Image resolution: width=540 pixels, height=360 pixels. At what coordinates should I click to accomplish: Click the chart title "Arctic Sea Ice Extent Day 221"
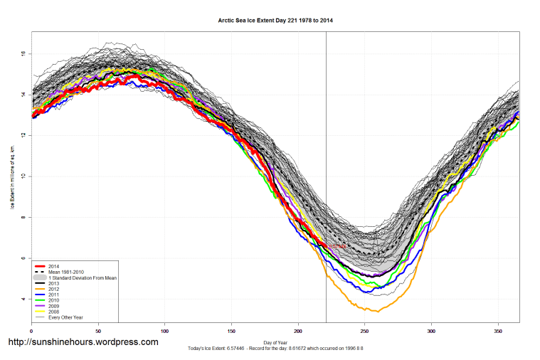tap(275, 21)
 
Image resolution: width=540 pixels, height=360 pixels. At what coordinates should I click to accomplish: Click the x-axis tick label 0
tap(31, 331)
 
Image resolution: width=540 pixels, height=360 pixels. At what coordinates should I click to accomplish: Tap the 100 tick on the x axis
tap(165, 331)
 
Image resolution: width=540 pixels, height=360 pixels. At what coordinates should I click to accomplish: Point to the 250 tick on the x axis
tap(365, 331)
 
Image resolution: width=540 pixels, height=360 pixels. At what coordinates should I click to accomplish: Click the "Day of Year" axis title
tap(275, 342)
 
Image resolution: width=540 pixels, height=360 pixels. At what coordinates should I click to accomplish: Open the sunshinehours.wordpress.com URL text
tap(83, 342)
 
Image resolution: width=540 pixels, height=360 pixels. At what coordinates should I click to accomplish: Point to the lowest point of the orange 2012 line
tap(377, 312)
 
